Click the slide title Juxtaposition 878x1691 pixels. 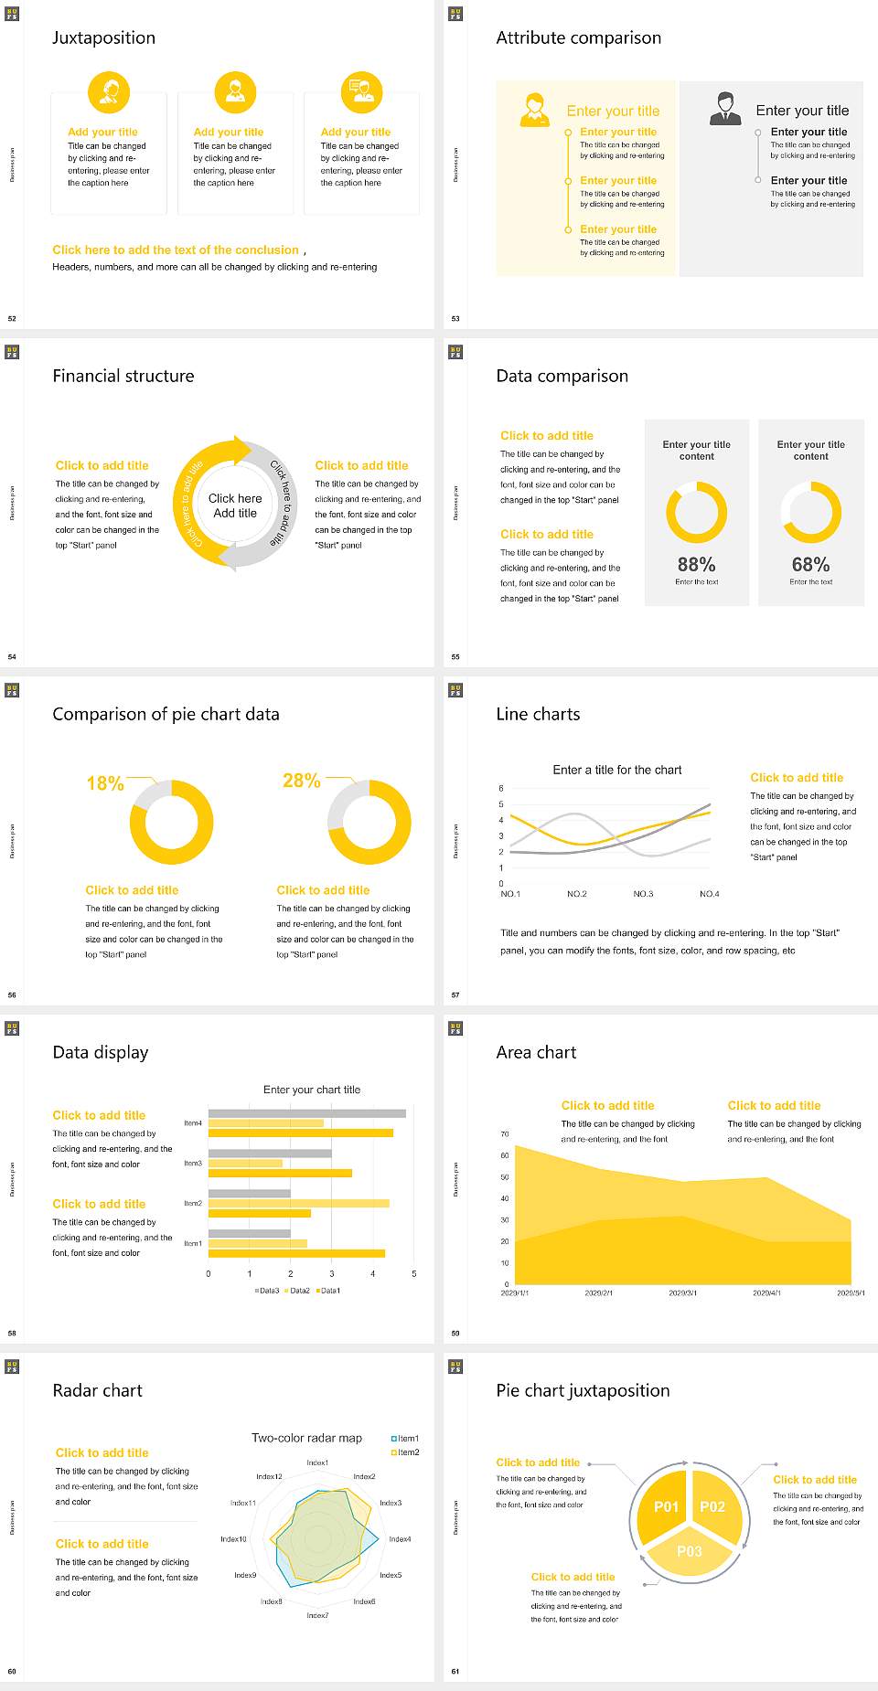pos(103,37)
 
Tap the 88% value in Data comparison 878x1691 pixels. pos(696,565)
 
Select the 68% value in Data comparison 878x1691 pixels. pos(810,565)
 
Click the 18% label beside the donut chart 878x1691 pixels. pos(104,783)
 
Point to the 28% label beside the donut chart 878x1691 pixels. pos(301,781)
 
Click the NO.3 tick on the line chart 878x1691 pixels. pos(643,894)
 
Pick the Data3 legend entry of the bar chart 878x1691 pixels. pos(267,1291)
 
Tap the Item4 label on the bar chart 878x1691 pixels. pos(193,1122)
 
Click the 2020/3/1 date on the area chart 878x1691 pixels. pos(682,1293)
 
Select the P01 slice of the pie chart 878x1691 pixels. pos(666,1506)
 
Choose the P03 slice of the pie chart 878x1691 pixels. pos(690,1551)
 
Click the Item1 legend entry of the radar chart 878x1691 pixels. pos(406,1439)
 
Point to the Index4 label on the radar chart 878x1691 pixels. pos(400,1539)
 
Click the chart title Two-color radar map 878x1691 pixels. pos(306,1438)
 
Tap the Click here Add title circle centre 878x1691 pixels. pos(235,505)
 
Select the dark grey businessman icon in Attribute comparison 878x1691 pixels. pos(725,109)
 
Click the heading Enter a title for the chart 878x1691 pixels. pos(617,770)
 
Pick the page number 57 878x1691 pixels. pos(455,994)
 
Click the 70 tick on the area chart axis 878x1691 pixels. pos(504,1134)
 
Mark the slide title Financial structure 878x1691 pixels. pos(123,376)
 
